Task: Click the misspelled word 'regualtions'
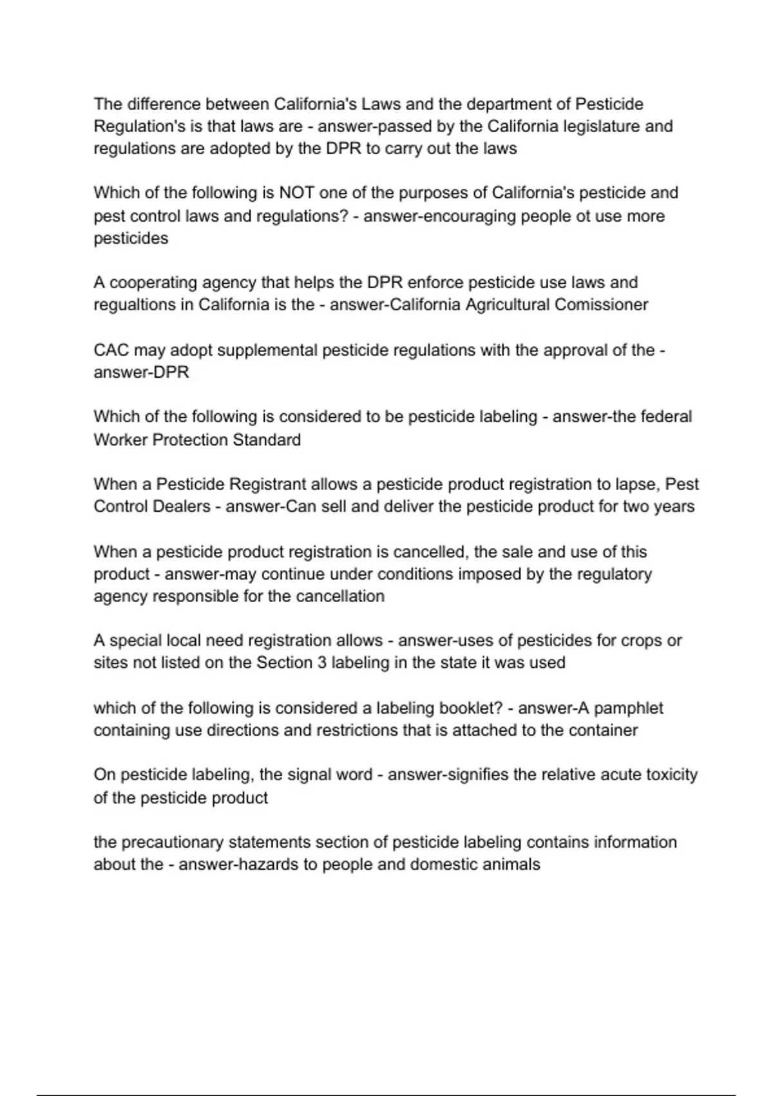135,304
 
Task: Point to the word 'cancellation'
340,596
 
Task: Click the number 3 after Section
322,663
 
